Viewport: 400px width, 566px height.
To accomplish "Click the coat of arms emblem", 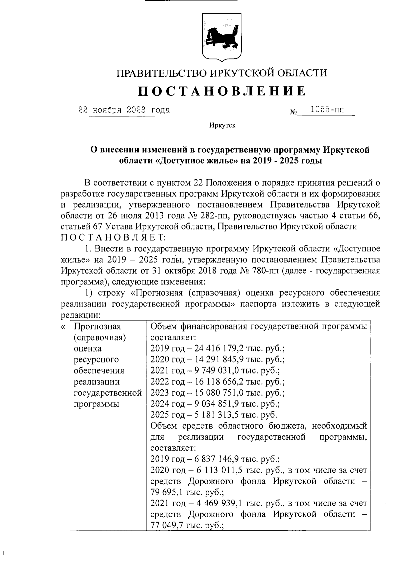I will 222,38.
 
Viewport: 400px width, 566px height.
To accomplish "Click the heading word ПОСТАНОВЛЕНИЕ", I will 222,91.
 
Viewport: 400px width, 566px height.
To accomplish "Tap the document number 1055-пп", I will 327,109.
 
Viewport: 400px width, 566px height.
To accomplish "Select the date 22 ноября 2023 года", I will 124,110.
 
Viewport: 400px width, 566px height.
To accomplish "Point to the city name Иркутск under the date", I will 222,126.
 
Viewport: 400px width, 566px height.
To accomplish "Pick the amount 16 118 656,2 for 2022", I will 219,382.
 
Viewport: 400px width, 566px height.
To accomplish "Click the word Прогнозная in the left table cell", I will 97,326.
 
